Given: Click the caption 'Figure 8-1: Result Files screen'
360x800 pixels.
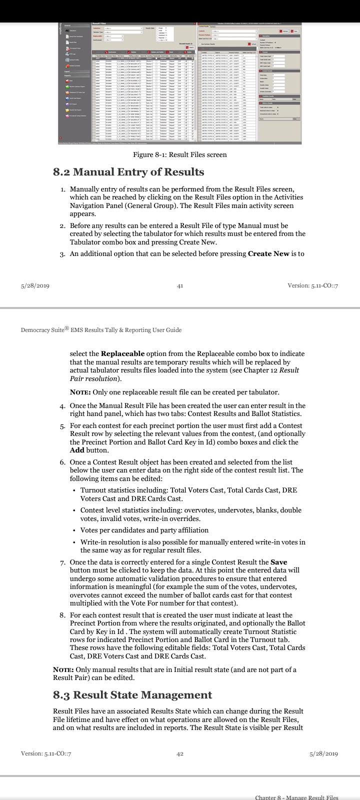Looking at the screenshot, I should click(179, 154).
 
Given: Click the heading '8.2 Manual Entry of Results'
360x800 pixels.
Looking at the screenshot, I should click(128, 172).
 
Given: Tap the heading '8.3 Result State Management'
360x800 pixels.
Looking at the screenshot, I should click(132, 695).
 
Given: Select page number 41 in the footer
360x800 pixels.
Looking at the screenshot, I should click(180, 285).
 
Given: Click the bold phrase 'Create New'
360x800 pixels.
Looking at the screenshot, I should click(268, 253).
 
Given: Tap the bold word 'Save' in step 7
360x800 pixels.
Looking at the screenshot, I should click(278, 562).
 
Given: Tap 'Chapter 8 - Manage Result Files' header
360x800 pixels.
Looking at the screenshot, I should click(296, 797).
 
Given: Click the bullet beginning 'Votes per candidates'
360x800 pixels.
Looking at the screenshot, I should click(144, 530).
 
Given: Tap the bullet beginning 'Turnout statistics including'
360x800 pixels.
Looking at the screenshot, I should click(188, 490).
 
